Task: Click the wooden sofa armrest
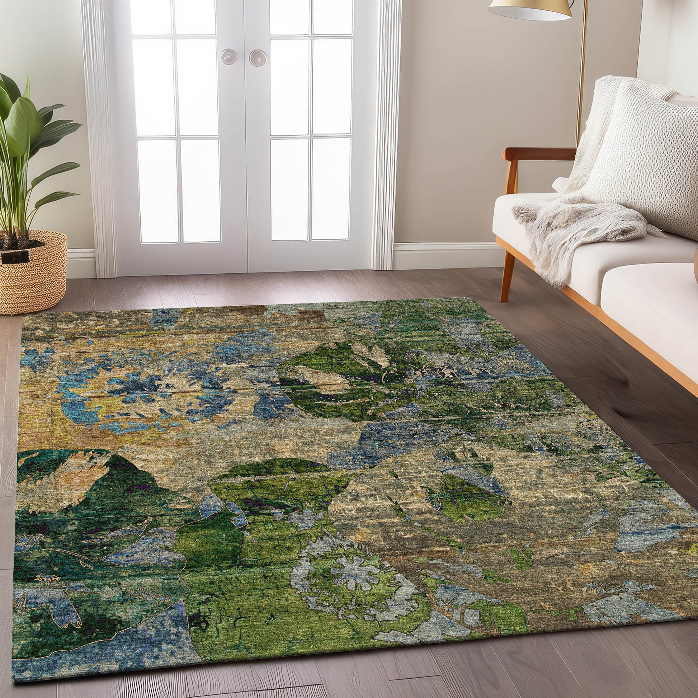point(538,154)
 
